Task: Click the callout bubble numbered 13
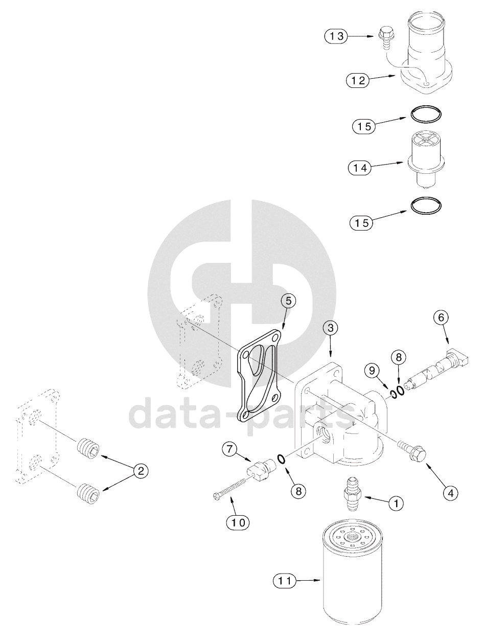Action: point(336,36)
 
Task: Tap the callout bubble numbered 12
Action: point(358,80)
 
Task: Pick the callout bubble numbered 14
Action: point(360,168)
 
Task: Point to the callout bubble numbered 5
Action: point(288,301)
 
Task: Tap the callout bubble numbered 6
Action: point(441,317)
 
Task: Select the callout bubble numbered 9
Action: point(372,370)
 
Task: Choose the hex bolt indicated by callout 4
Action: point(412,453)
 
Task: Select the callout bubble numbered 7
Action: point(229,449)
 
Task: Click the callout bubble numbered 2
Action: point(141,471)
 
